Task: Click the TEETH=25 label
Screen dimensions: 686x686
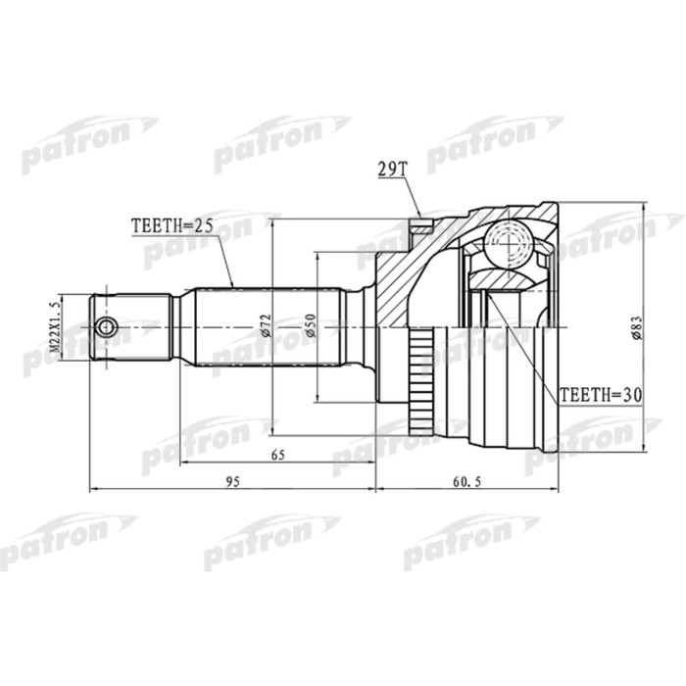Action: point(171,226)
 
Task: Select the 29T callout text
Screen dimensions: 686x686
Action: point(392,169)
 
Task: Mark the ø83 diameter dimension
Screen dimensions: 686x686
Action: point(636,328)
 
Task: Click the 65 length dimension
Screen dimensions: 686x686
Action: point(277,455)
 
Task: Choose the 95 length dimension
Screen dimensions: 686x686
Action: point(233,482)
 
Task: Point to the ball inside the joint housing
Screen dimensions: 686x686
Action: point(509,240)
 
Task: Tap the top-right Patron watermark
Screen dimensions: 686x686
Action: point(494,138)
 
